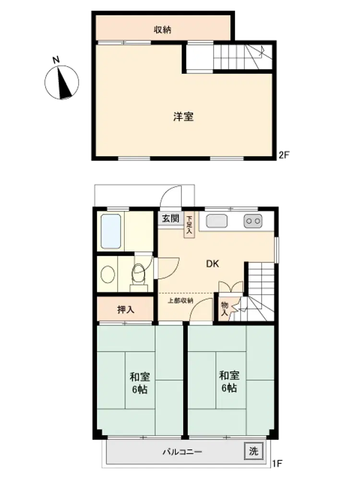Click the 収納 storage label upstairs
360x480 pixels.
162,30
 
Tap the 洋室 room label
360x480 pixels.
183,117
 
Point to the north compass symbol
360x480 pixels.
62,80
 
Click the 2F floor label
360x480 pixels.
284,155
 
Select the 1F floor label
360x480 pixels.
277,464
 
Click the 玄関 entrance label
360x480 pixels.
170,218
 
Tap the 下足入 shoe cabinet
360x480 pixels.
189,225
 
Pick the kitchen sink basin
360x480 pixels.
216,221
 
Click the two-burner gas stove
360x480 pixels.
253,221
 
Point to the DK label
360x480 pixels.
213,264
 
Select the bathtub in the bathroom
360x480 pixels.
111,231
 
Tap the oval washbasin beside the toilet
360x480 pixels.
108,274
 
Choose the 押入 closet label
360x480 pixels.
125,310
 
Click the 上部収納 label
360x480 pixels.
180,300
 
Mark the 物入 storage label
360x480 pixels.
225,309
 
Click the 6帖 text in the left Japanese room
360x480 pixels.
140,389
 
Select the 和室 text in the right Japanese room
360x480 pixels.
229,375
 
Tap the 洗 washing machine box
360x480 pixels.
253,451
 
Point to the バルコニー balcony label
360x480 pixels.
182,452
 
